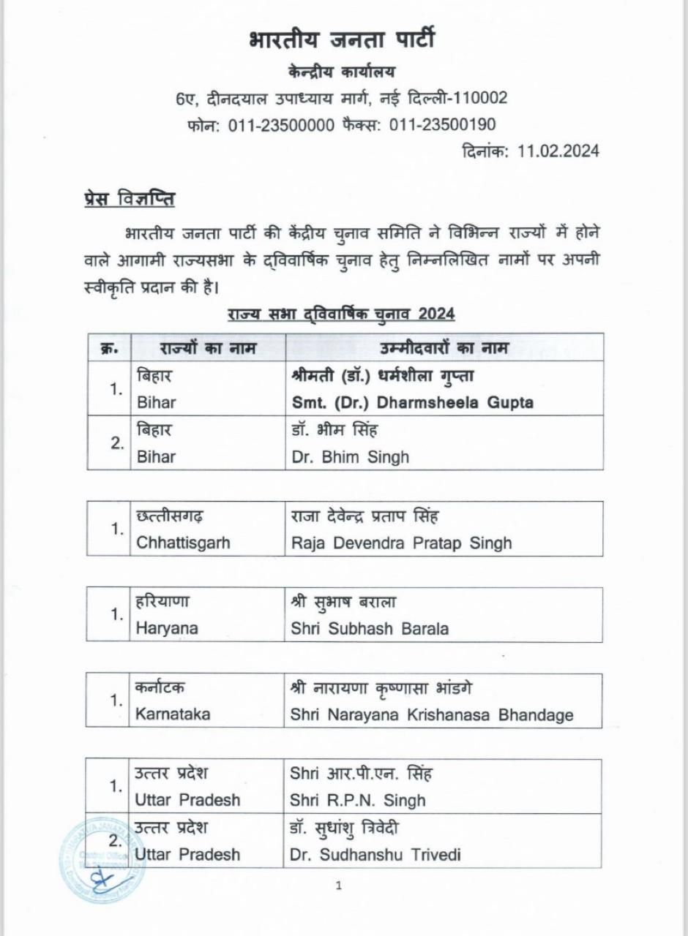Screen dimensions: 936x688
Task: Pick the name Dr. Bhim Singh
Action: tap(348, 457)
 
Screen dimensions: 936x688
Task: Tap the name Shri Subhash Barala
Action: tap(370, 629)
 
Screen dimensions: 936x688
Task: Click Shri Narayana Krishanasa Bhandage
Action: tap(432, 715)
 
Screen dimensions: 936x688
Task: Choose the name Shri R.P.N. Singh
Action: tap(357, 800)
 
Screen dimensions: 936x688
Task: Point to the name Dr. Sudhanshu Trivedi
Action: tap(375, 855)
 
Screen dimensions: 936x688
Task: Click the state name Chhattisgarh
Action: tap(183, 543)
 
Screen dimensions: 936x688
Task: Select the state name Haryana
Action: tap(167, 629)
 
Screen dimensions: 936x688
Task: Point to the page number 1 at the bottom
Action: tap(338, 886)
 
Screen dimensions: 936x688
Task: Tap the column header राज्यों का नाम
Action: tap(198, 347)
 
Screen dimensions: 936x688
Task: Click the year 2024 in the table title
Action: tap(436, 314)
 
